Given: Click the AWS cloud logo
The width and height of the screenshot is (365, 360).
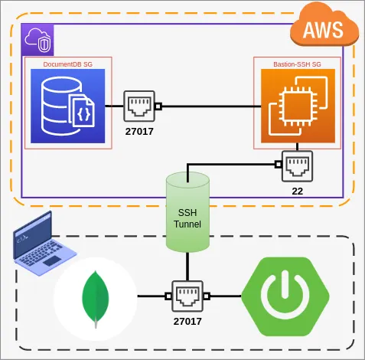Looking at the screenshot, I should tap(324, 29).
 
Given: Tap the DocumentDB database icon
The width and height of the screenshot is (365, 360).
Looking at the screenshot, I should tap(66, 106).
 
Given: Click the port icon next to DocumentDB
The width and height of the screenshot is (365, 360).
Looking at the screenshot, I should tap(140, 106).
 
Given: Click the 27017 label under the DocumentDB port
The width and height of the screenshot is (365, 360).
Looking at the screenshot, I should tap(140, 131).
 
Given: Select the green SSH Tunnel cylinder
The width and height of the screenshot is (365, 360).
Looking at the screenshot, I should tap(187, 211).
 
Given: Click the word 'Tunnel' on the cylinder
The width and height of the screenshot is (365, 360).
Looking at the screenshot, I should tap(187, 224).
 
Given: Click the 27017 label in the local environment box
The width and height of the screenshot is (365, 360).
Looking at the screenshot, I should tap(187, 321).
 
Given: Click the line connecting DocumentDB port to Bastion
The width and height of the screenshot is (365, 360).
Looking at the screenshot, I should tap(207, 106).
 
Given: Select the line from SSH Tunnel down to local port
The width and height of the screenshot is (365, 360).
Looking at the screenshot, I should tap(187, 267).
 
